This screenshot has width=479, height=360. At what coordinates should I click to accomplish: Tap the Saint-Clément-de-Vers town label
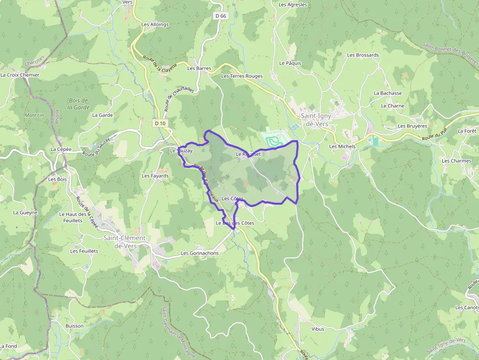click(x=125, y=242)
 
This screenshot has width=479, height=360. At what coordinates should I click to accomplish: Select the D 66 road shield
click(x=220, y=16)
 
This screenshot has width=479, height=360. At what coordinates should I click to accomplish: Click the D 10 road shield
click(x=160, y=124)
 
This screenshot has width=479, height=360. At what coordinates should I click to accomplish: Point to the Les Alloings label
click(x=155, y=24)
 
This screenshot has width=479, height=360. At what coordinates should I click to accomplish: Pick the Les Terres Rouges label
click(x=242, y=76)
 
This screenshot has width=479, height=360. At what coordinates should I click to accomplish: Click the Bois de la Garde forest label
click(x=78, y=104)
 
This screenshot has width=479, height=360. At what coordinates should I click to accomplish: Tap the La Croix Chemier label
click(x=20, y=75)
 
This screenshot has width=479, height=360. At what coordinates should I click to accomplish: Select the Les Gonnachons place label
click(x=199, y=253)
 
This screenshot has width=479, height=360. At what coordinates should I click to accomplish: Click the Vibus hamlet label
click(x=317, y=329)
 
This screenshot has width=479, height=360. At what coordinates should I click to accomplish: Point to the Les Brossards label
click(x=363, y=55)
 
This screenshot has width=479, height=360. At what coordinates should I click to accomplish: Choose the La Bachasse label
click(x=388, y=93)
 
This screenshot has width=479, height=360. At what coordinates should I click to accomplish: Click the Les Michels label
click(x=342, y=147)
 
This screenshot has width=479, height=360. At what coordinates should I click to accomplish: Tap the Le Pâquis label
click(x=290, y=63)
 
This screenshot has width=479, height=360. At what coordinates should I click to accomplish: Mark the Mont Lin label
click(x=34, y=115)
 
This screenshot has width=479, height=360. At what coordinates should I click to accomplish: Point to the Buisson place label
click(x=74, y=326)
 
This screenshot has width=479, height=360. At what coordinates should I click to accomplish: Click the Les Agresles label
click(x=293, y=5)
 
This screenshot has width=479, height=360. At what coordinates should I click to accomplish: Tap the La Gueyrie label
click(x=25, y=212)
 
